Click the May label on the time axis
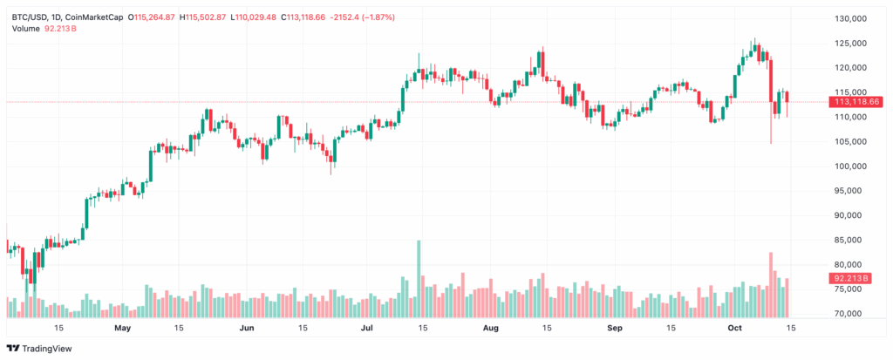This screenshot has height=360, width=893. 122,329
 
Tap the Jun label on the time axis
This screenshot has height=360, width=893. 246,329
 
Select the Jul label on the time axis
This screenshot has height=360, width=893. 367,329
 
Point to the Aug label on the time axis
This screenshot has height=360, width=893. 491,329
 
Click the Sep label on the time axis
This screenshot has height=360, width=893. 615,329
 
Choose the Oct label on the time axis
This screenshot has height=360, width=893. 734,329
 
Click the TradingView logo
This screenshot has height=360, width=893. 42,348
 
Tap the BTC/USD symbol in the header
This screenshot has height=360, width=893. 31,17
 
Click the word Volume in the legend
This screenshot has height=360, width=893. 26,29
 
